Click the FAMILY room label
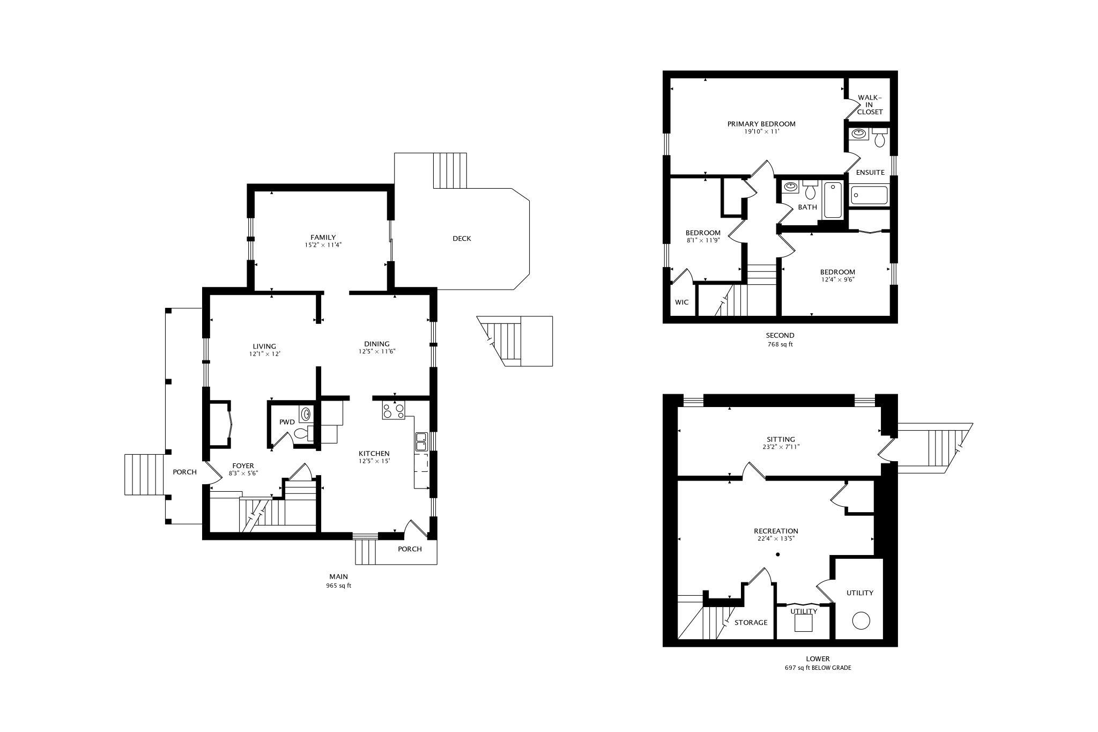[323, 237]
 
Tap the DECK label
[462, 238]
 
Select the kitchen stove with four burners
[394, 411]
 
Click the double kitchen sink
[421, 441]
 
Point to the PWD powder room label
[287, 422]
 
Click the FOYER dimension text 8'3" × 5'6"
[243, 474]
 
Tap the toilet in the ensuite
[879, 138]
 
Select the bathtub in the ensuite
[869, 195]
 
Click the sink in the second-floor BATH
[790, 187]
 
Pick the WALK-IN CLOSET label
[870, 105]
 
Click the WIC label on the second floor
[681, 302]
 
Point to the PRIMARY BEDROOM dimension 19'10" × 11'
[761, 131]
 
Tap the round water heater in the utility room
[861, 620]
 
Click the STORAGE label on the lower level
[751, 623]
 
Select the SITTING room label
[781, 439]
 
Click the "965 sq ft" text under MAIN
[338, 586]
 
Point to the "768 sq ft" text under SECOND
[780, 344]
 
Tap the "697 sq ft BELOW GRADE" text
[818, 668]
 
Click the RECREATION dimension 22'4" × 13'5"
[776, 539]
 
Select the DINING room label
[377, 344]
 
